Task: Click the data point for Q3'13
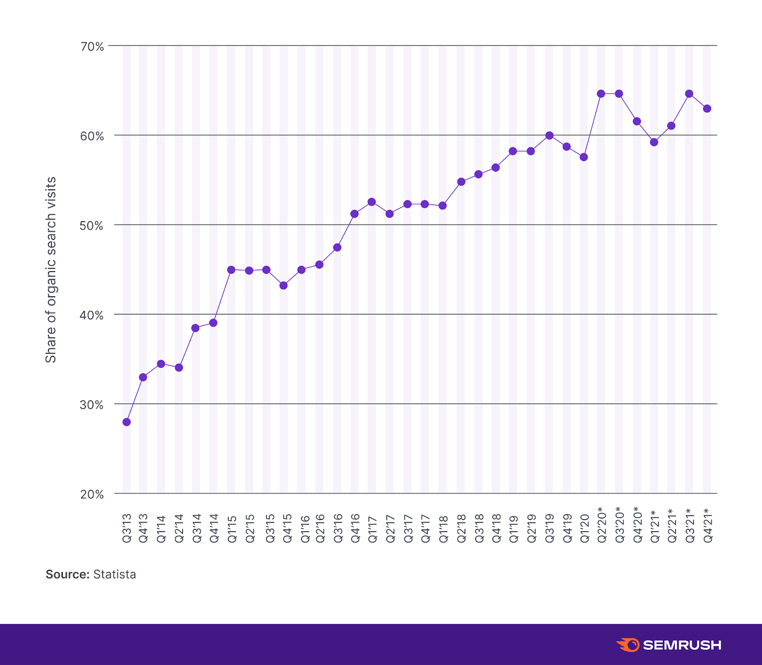(x=126, y=422)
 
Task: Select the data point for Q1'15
(x=231, y=270)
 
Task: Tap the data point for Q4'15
(x=283, y=285)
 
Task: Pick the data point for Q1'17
(x=372, y=202)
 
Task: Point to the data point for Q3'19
(x=549, y=136)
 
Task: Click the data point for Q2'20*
(x=601, y=94)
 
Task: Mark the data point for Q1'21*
(x=654, y=142)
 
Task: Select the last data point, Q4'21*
(x=707, y=108)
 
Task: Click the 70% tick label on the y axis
(x=92, y=47)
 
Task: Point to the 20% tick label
(x=92, y=494)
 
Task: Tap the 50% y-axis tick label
(x=92, y=225)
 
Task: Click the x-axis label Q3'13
(x=127, y=528)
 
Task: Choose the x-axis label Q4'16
(x=355, y=528)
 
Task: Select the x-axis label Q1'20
(x=585, y=528)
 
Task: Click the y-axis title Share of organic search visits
(x=50, y=270)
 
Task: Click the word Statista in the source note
(x=114, y=574)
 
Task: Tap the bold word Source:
(x=67, y=574)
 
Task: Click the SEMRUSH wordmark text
(x=682, y=645)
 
